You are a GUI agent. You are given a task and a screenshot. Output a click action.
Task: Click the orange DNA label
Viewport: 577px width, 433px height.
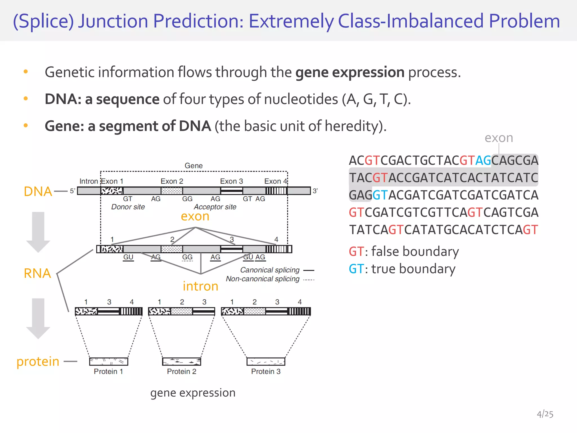point(38,192)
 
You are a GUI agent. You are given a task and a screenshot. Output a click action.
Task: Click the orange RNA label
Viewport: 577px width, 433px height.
point(37,273)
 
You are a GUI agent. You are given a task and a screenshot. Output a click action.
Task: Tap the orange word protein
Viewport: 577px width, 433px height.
point(38,362)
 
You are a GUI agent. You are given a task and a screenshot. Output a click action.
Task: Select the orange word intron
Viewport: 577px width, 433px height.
point(200,286)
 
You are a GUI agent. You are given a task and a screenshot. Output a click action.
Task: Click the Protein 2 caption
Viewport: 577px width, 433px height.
point(181,372)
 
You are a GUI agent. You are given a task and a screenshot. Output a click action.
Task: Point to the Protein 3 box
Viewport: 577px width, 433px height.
point(266,361)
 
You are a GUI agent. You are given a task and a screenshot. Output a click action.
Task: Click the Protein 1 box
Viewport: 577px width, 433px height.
point(108,361)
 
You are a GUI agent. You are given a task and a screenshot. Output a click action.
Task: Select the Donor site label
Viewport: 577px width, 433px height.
point(128,207)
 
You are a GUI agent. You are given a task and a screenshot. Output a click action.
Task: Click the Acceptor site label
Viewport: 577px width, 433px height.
point(215,207)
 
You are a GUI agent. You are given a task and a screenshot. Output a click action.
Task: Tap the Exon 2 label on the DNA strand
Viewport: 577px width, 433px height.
point(172,181)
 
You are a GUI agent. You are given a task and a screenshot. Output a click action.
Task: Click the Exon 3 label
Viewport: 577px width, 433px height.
point(231,181)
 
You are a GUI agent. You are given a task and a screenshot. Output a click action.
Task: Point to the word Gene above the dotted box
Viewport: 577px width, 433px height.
point(194,166)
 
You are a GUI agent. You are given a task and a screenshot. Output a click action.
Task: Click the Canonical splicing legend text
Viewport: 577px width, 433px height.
point(270,270)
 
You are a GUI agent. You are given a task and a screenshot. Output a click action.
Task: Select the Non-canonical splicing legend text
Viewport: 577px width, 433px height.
point(263,279)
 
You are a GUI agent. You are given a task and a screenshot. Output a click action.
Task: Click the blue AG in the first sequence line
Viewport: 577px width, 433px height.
point(483,161)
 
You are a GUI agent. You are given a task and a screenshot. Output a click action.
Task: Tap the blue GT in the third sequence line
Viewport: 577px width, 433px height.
point(380,195)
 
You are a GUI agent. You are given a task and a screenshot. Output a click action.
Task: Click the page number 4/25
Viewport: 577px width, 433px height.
point(545,414)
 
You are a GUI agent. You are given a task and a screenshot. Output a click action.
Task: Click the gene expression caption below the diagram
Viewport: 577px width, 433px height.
point(193,393)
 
